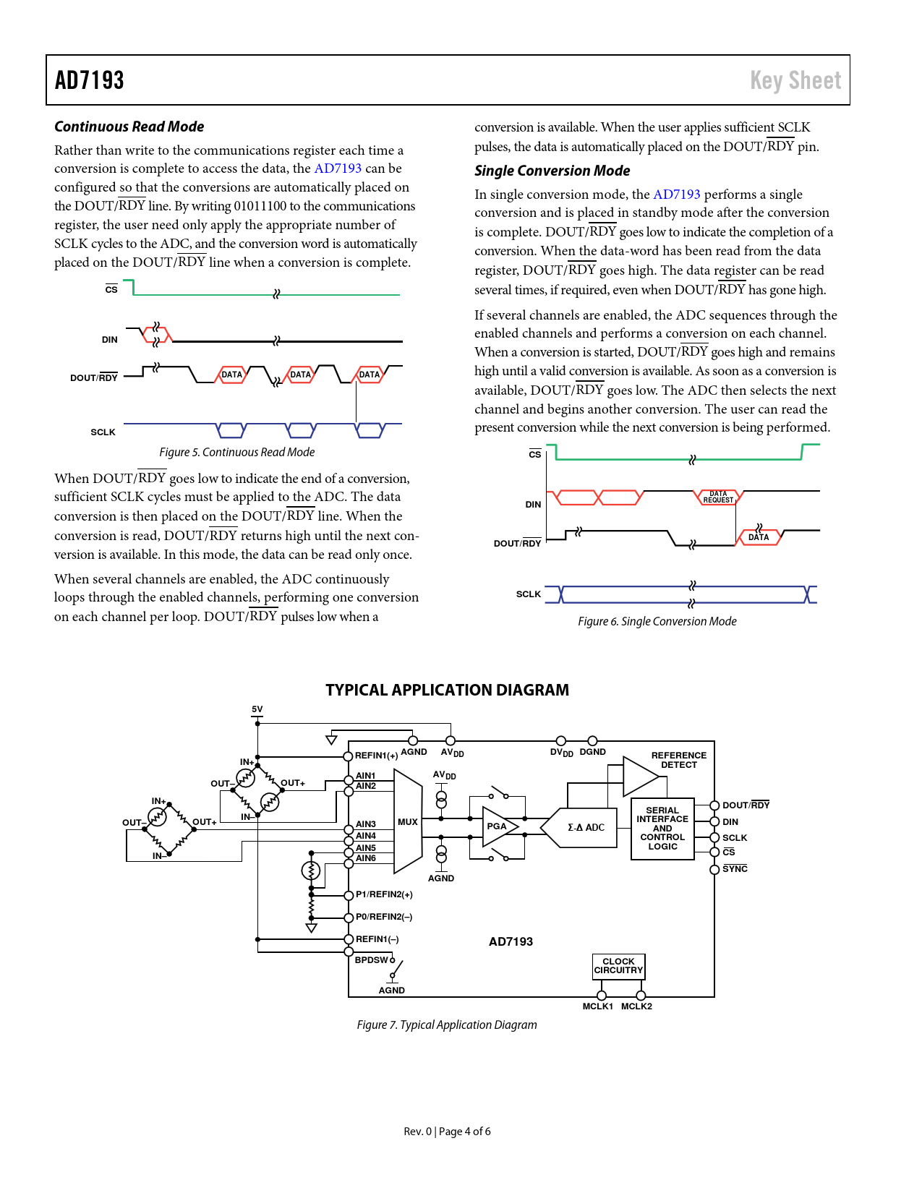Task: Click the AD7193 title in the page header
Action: [90, 80]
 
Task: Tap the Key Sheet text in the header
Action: [795, 80]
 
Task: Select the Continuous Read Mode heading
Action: [129, 127]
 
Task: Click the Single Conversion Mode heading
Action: [552, 171]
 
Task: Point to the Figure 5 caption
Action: [237, 452]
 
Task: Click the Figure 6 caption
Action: [657, 621]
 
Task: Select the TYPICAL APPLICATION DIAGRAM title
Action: [447, 690]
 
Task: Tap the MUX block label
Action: [408, 822]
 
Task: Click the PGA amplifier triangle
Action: [498, 826]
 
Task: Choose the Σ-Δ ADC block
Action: [585, 827]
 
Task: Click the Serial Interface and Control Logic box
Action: [662, 829]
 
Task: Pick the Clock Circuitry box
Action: [618, 966]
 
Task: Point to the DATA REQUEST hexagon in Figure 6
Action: [718, 497]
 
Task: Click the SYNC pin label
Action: [735, 869]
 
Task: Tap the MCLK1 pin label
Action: [597, 1006]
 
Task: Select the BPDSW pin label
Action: [372, 960]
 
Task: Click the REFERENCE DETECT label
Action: [678, 760]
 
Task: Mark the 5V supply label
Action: [257, 709]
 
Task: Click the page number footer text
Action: [447, 1132]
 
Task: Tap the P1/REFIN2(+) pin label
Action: [384, 894]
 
